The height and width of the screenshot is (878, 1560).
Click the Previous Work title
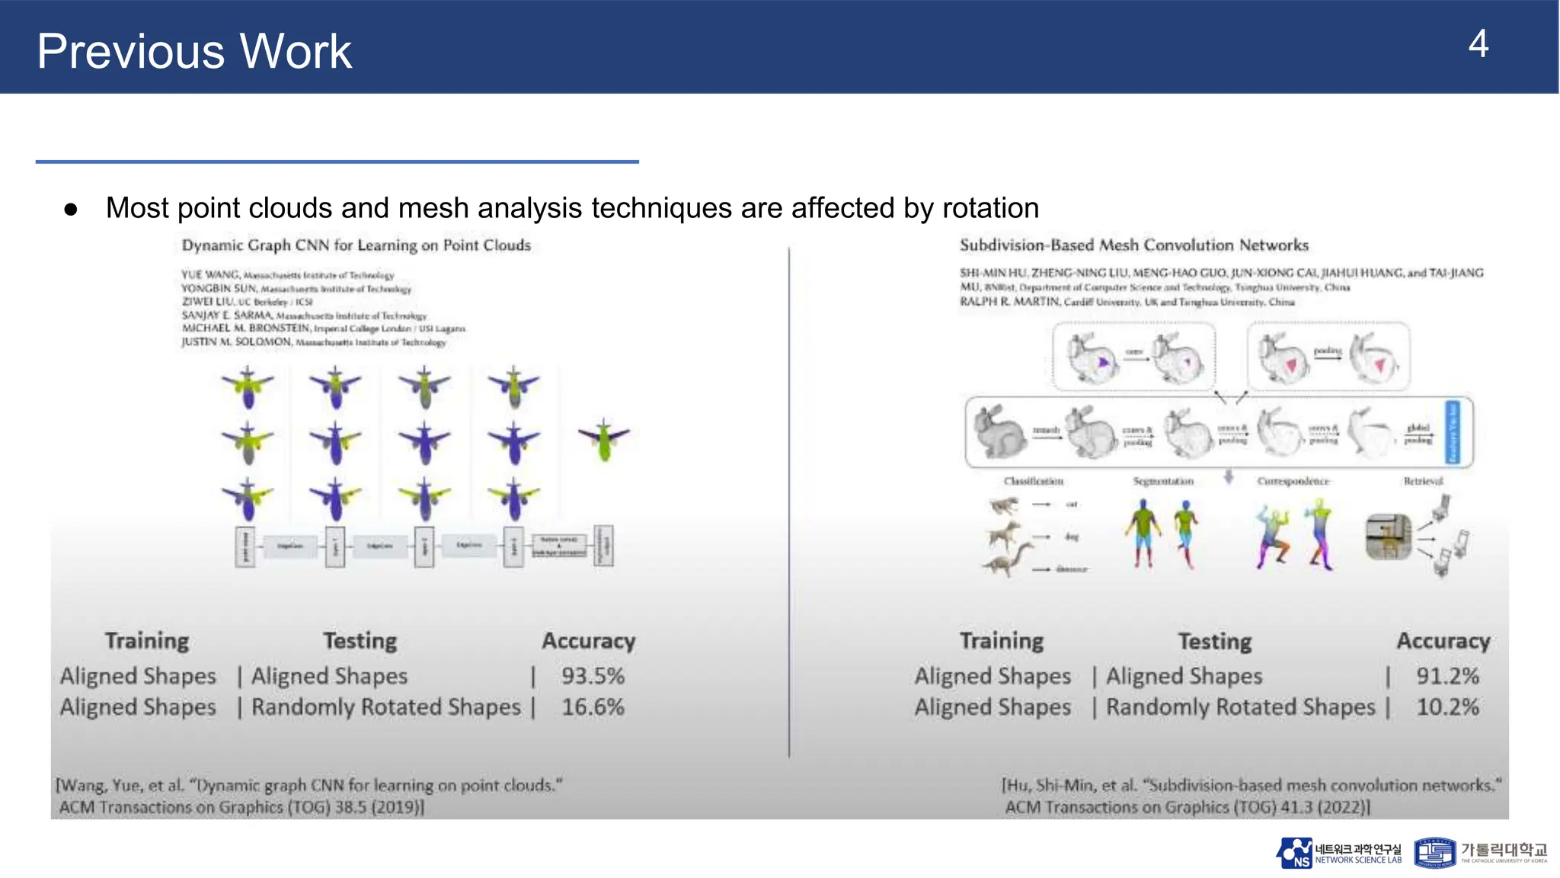coord(194,52)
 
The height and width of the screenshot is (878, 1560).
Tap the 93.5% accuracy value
coord(593,676)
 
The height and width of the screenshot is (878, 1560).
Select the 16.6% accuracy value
coord(593,707)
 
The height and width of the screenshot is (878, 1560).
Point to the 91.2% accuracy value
coord(1447,676)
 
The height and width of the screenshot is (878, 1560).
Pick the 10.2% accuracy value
coord(1447,707)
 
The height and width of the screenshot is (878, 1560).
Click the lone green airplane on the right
coord(604,440)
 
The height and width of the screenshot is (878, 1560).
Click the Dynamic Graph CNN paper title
coord(356,245)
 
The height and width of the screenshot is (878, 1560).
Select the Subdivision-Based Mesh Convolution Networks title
coord(1133,245)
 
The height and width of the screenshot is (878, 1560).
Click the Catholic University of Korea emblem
coord(1434,853)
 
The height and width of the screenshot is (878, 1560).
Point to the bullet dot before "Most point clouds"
coord(71,209)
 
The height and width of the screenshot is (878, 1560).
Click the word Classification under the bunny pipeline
coord(1033,481)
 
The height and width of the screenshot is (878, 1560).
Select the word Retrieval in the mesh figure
coord(1423,481)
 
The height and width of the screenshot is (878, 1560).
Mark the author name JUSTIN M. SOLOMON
coord(236,342)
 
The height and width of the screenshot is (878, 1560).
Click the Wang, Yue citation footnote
coord(308,796)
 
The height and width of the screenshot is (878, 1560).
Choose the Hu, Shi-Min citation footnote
coord(1251,796)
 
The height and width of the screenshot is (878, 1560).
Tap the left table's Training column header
coord(147,641)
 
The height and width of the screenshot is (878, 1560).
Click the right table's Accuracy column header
coord(1443,641)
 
